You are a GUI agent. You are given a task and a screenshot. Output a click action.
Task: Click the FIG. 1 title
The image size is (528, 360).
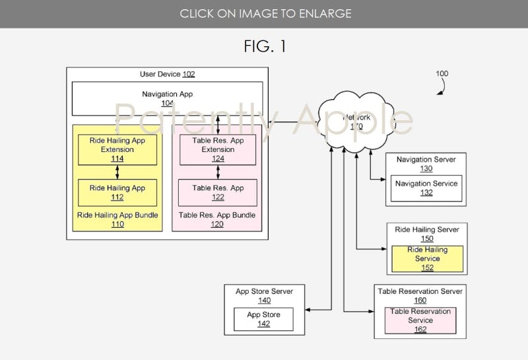tap(264, 46)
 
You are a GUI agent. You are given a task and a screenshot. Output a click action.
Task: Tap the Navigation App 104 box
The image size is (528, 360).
tap(167, 98)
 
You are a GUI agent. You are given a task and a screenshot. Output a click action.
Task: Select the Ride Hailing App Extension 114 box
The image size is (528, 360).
tap(117, 149)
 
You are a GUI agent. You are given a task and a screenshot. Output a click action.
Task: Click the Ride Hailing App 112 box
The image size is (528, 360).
tap(117, 192)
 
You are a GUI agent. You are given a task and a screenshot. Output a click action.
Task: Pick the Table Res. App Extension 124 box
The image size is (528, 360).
tap(218, 149)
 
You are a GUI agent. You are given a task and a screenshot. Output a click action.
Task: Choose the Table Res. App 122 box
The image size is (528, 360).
tap(218, 192)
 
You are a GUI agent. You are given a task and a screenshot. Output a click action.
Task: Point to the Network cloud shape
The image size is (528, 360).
tap(356, 122)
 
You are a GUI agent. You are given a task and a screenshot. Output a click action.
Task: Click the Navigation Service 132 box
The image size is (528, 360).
tap(426, 188)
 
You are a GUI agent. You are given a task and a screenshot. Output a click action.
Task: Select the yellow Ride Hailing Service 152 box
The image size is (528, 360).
tap(427, 259)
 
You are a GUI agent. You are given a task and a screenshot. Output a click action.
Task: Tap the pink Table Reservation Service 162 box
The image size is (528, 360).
tap(420, 320)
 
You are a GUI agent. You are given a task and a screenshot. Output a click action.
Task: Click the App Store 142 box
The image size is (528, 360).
tap(263, 319)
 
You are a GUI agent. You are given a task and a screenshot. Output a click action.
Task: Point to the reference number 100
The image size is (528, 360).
tap(442, 74)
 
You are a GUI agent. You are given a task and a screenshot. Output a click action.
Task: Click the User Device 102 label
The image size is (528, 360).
tap(167, 75)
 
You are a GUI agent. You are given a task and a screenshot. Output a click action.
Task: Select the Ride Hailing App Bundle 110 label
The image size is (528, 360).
tap(117, 219)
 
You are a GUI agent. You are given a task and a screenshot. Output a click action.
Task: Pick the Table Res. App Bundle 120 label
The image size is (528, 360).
tap(218, 219)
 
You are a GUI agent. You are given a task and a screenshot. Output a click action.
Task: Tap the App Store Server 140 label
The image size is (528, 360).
tap(264, 295)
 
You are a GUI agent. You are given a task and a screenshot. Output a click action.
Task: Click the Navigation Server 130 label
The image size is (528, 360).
tap(426, 164)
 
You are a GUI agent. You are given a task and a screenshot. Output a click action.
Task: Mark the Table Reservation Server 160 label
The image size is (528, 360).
tap(420, 295)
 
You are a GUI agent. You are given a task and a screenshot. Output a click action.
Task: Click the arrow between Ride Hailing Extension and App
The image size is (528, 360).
tap(117, 172)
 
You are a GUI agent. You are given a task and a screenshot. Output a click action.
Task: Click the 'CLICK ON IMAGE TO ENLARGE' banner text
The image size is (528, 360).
tap(264, 13)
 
